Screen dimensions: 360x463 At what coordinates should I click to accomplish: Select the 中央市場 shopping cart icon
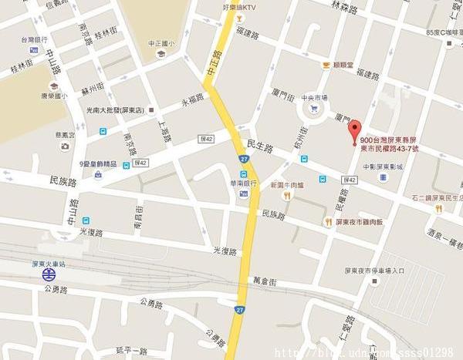(x=313, y=109)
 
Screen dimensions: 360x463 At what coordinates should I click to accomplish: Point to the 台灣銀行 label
(x=35, y=39)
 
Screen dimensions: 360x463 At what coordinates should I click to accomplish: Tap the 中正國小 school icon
(x=161, y=54)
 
